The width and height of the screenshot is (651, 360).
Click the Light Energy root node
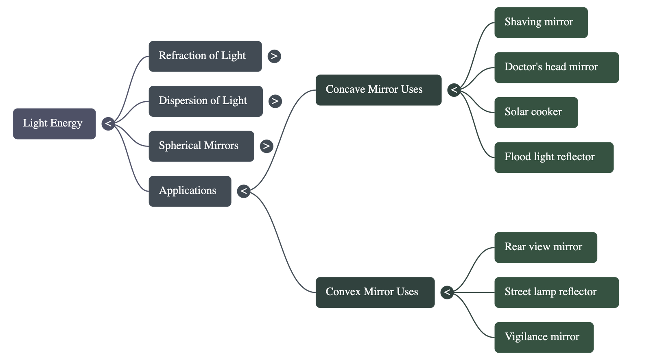tap(54, 124)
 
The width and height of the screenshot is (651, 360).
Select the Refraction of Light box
tap(205, 56)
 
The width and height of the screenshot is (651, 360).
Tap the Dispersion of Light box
tap(205, 101)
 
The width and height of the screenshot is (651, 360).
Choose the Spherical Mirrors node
tap(201, 146)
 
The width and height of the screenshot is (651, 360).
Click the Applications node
tap(190, 191)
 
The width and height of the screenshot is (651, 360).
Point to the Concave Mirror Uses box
tap(378, 90)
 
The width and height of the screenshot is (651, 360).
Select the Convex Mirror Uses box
tap(375, 292)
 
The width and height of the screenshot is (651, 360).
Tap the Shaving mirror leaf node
tap(541, 22)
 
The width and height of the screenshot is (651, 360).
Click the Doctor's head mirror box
tap(556, 68)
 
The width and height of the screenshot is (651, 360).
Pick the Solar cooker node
tap(536, 112)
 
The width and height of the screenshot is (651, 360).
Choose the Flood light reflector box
tap(554, 157)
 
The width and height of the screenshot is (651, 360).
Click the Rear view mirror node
tap(546, 247)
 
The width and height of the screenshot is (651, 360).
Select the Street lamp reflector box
tap(556, 292)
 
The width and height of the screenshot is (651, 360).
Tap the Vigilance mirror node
tap(544, 337)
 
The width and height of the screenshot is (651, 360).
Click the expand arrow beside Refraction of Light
tap(274, 56)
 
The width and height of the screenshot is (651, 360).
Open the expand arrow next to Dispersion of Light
tap(275, 101)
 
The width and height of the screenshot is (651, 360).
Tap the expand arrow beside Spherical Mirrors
tap(266, 146)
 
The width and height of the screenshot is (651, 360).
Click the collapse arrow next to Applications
tap(244, 191)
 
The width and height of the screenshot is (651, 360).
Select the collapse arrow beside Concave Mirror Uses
tap(454, 90)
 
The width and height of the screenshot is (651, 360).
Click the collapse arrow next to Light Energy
tap(108, 124)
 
